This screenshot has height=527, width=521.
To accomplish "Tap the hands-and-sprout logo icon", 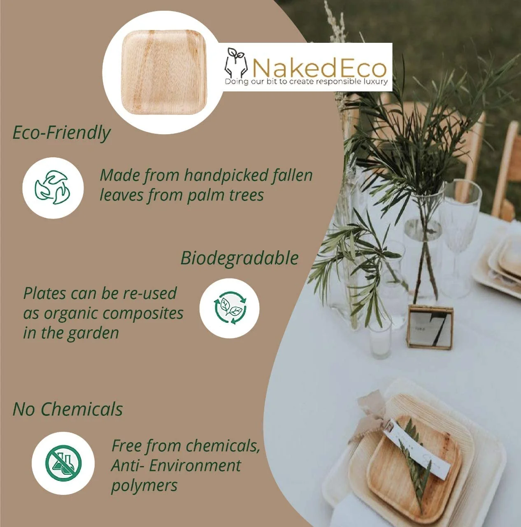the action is tap(236, 63).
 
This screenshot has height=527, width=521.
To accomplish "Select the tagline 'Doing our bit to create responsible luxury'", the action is tap(306, 82).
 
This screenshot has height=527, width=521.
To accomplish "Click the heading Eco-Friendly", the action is tap(62, 133).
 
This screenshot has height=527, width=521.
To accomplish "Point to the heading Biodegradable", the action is tap(240, 258).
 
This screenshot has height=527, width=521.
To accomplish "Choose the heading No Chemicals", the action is tap(68, 409).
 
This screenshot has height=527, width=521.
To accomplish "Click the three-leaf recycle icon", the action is tap(53, 187).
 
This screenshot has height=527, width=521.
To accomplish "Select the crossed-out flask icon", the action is tap(63, 463).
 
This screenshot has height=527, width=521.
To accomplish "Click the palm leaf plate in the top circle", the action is tap(164, 72).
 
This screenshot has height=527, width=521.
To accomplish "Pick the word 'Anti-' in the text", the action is tap(128, 466).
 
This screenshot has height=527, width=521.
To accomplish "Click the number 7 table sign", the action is tap(430, 328).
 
